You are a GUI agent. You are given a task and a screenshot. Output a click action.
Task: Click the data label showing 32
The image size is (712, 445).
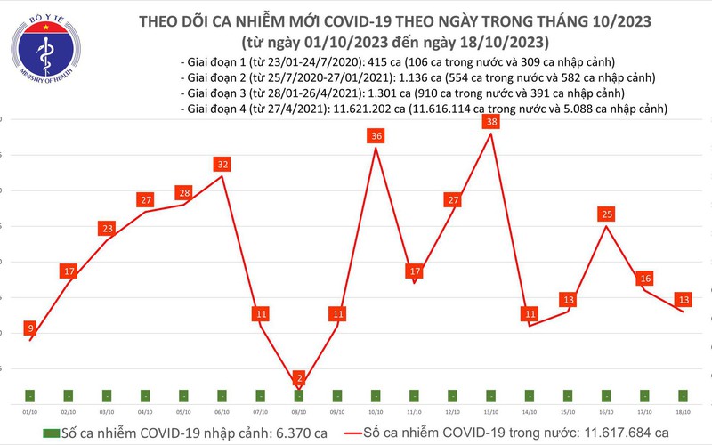pyautogui.click(x=222, y=165)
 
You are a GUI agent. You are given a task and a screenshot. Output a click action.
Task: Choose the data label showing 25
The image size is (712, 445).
pyautogui.click(x=606, y=214)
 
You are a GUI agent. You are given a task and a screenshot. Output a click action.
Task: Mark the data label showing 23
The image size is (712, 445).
pyautogui.click(x=108, y=229)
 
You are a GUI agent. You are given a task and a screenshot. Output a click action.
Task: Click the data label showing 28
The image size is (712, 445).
pyautogui.click(x=184, y=193)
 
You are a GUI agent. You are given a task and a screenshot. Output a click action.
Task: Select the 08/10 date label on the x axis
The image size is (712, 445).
pyautogui.click(x=299, y=411)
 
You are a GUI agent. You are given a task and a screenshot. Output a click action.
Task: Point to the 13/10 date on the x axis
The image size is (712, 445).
pyautogui.click(x=491, y=411)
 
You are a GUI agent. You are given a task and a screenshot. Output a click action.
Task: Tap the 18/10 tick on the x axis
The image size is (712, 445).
pyautogui.click(x=683, y=411)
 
